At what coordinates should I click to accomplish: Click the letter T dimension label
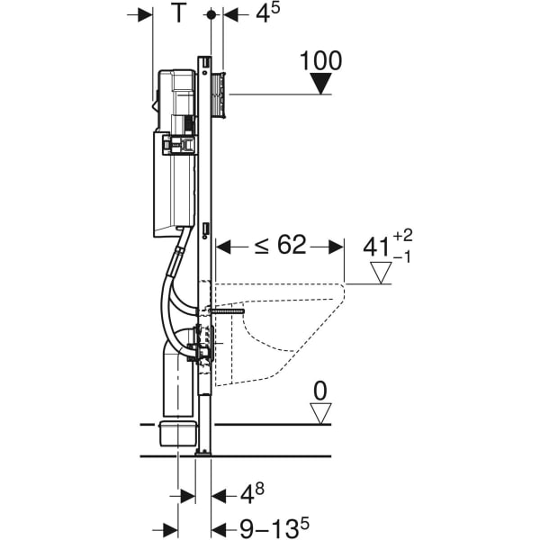(x=178, y=13)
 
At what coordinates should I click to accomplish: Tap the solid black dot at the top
(x=211, y=14)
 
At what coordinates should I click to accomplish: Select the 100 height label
(x=321, y=60)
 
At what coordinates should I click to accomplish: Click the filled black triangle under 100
(x=321, y=83)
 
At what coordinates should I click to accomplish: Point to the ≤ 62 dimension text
(x=280, y=245)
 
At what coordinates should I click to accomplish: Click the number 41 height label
(x=377, y=247)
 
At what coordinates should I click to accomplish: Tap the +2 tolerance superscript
(x=402, y=236)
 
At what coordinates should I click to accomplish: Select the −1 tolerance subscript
(x=402, y=256)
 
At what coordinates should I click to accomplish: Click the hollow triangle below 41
(x=381, y=273)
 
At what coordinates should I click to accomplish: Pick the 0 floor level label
(x=320, y=391)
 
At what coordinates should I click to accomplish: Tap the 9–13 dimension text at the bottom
(x=269, y=528)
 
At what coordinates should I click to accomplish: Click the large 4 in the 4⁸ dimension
(x=247, y=495)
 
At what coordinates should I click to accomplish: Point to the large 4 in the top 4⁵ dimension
(x=263, y=13)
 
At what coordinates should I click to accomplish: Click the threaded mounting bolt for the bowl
(x=226, y=311)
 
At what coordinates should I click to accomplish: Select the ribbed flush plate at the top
(x=219, y=94)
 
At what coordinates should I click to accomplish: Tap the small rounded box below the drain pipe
(x=178, y=433)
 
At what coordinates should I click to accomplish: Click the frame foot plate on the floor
(x=204, y=454)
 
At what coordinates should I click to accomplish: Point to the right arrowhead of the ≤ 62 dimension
(x=336, y=247)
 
